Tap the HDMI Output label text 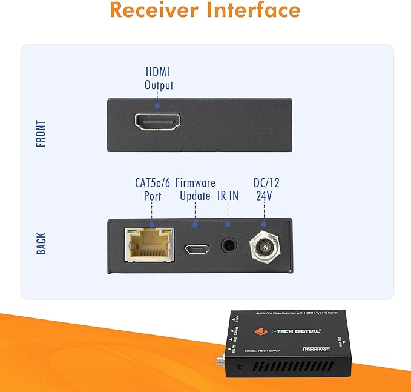(x=159, y=78)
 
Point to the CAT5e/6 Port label (x=152, y=189)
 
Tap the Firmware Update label (x=195, y=189)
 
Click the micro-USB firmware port (x=195, y=248)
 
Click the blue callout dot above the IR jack (x=229, y=221)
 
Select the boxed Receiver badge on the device (x=333, y=349)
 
